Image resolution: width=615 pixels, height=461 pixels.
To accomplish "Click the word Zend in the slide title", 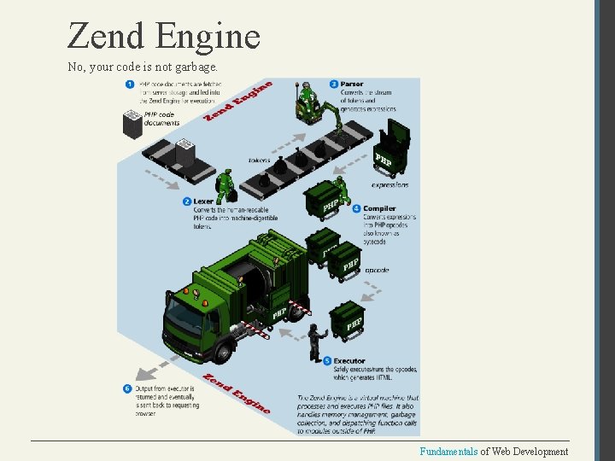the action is point(107,36).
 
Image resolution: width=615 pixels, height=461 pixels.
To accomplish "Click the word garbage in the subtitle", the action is point(197,66).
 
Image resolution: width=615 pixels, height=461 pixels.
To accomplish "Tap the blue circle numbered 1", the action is point(130,84).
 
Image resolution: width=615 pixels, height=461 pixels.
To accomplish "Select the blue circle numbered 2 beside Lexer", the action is point(186,201).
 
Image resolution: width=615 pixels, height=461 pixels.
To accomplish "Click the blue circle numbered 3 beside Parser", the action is point(333,84).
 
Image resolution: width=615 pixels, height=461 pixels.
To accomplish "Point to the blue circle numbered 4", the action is point(356,207).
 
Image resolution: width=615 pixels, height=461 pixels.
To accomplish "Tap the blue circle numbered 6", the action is point(127,388).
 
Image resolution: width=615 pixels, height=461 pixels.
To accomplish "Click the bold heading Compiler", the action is point(379,207).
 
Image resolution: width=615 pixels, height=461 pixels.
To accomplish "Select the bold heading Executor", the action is point(349,360).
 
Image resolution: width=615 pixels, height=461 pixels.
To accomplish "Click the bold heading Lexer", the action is point(203,201).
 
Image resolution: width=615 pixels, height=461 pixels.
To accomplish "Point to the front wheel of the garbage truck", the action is point(223,347).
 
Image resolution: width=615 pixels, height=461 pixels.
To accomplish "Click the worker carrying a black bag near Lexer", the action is point(225,184).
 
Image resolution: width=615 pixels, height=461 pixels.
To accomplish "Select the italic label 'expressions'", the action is point(389,184).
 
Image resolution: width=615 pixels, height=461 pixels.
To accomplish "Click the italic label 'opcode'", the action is point(377,270).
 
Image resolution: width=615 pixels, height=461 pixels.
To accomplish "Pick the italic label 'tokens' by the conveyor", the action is point(259,160).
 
